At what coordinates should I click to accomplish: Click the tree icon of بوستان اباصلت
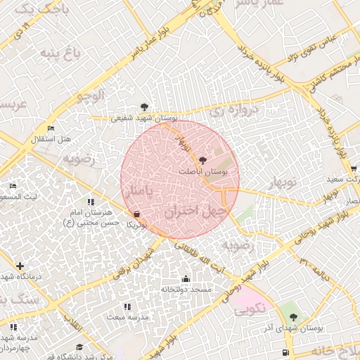pos(204,160)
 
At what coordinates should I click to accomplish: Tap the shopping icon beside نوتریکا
pos(136,214)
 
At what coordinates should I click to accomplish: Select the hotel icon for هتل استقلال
pos(50,129)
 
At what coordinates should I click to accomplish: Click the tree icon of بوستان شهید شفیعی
pos(144,107)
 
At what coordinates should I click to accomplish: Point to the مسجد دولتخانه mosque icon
pos(186,278)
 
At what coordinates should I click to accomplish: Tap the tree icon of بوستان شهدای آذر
pos(293,316)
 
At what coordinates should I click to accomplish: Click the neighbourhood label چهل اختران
pos(195,210)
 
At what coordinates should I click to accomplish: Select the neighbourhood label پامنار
pos(136,191)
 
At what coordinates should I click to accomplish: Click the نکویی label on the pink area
pos(249,307)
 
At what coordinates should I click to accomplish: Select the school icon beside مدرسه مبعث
pos(127,307)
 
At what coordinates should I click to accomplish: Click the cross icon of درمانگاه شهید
pos(20,266)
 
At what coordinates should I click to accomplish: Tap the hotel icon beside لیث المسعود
pos(13,186)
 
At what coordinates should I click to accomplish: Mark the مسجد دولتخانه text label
pos(186,290)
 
